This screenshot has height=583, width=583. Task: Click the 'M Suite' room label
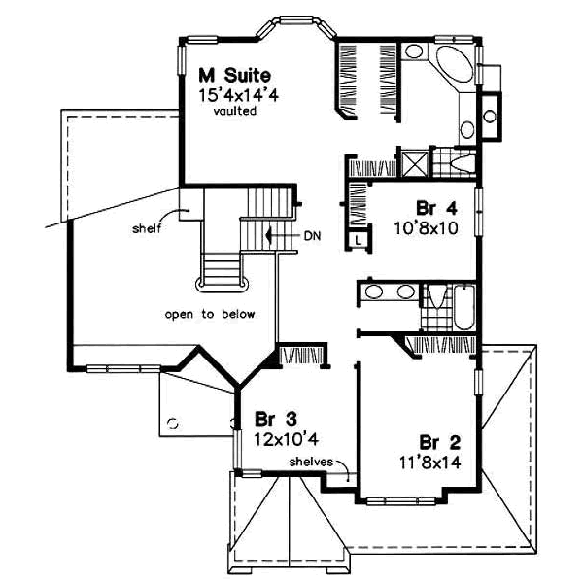[234, 75]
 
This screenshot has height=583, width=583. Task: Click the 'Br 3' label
[275, 420]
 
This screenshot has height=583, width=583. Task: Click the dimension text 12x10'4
[288, 440]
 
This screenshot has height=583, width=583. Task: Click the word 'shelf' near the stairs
[147, 229]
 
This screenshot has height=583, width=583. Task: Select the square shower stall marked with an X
[414, 161]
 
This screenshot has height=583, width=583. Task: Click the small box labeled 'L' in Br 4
[359, 238]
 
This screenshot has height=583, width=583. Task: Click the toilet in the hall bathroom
[433, 293]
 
